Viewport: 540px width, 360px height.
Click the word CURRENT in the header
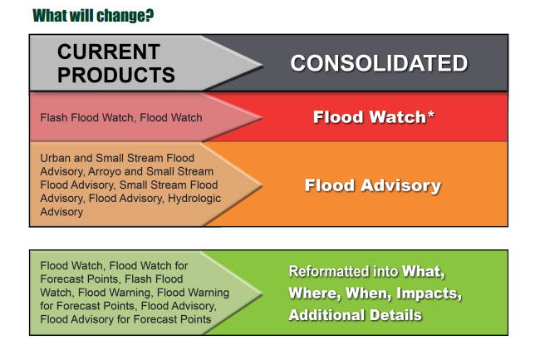coord(109,52)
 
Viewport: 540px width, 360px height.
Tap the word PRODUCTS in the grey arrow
coord(116,75)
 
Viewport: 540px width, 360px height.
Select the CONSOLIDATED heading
coord(379,63)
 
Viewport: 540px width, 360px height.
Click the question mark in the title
coord(149,15)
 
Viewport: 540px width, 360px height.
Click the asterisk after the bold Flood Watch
coord(430,114)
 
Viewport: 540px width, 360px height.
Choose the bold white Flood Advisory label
coord(373,185)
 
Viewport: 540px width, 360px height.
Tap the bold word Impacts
coord(429,293)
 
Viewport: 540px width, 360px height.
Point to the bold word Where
coord(315,293)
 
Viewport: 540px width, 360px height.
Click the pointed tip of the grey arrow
coord(263,64)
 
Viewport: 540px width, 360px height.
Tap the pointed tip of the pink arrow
coord(263,118)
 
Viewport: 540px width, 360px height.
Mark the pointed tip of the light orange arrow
coord(263,185)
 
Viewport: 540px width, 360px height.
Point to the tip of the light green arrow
coord(263,293)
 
